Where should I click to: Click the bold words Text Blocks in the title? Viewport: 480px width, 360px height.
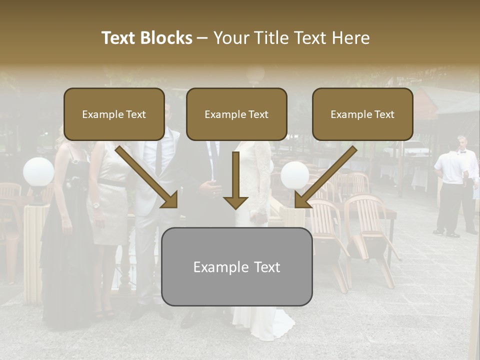[x=147, y=38]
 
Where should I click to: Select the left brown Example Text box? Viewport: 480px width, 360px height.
[x=114, y=114]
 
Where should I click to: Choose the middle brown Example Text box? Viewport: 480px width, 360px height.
[x=236, y=114]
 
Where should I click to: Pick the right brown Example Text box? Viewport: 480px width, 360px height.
[x=362, y=114]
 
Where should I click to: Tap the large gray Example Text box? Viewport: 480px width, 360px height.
[x=236, y=267]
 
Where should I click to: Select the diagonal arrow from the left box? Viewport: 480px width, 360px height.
[x=147, y=177]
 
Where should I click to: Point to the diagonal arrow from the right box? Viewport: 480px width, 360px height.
[x=325, y=177]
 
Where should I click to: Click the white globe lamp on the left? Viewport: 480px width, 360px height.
[x=38, y=171]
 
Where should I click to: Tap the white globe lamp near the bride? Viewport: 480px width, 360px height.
[x=294, y=175]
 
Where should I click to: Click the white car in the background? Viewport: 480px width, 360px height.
[x=416, y=148]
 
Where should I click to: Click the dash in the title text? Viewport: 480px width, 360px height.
[x=202, y=38]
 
